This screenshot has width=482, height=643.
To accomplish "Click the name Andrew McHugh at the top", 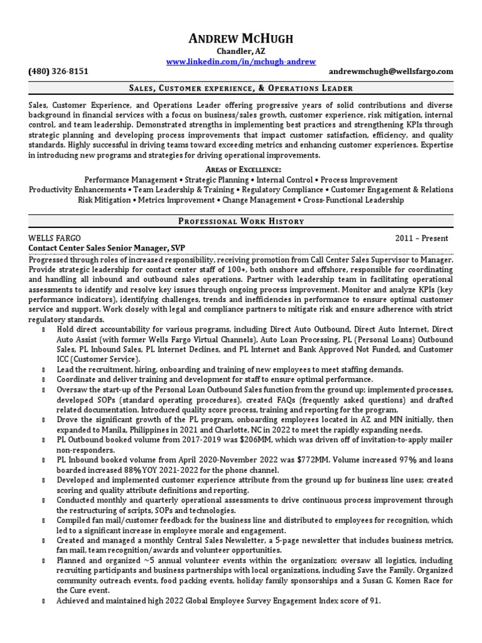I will click(x=241, y=39).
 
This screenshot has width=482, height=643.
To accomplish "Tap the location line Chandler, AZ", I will click(x=241, y=51).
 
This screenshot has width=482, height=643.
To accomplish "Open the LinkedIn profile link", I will click(x=241, y=62).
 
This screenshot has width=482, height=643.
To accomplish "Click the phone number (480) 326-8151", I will click(x=58, y=72).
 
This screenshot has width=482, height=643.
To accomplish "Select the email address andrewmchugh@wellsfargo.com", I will click(x=399, y=72).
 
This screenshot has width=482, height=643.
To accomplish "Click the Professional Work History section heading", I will click(x=241, y=221).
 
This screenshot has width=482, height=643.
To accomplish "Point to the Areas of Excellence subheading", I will click(x=241, y=170).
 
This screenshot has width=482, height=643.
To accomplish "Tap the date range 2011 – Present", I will click(x=421, y=239).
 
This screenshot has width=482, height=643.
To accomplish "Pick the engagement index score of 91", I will click(x=375, y=601).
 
